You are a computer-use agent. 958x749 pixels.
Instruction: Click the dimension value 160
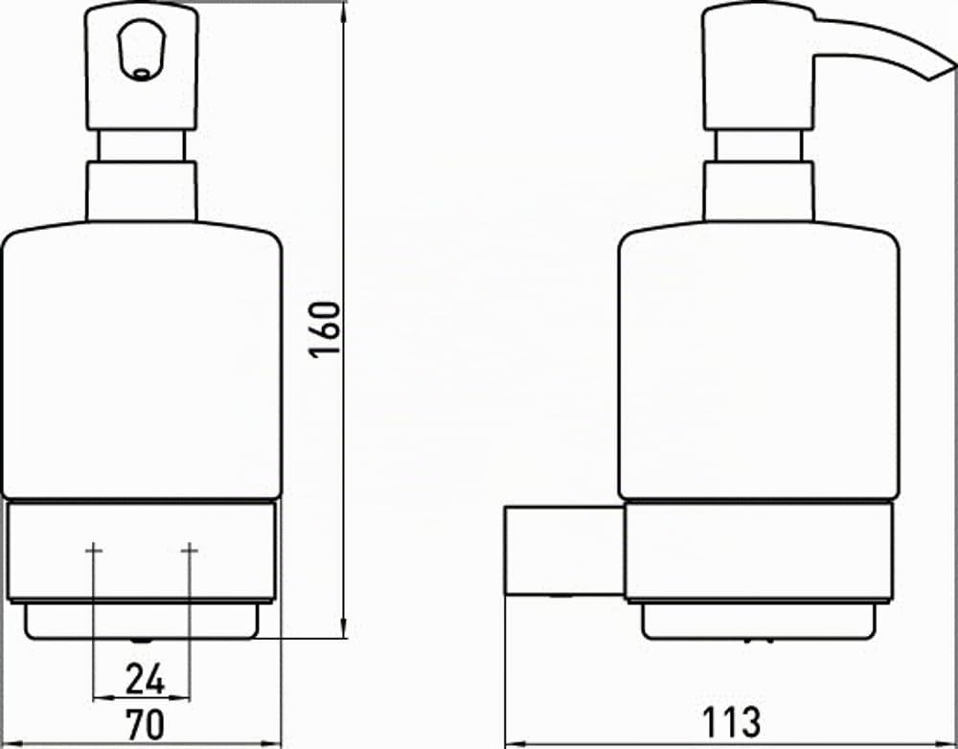pos(325,329)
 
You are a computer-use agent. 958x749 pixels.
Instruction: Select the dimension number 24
pos(146,679)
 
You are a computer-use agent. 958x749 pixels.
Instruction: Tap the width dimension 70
pos(145,724)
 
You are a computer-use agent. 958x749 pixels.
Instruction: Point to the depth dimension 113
pos(731,722)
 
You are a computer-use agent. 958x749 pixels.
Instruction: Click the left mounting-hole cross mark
pos(94,551)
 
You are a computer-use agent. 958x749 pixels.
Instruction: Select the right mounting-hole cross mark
pos(190,551)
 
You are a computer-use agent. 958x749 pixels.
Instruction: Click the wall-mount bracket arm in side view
pos(565,551)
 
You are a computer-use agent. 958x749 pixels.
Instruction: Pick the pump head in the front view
pos(141,66)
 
